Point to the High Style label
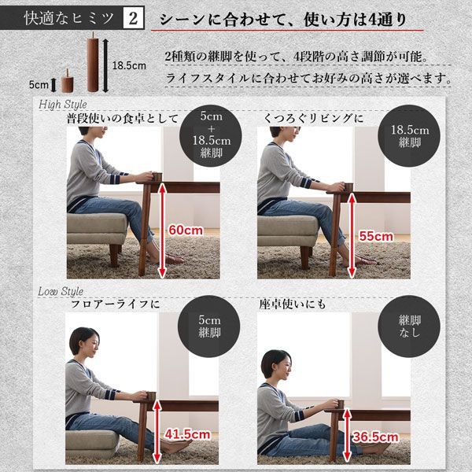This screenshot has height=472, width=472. tap(61, 104)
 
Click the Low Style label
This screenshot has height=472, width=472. tap(61, 292)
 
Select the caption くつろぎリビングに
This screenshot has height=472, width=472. tap(314, 119)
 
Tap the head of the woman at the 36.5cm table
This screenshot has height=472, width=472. tap(275, 364)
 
